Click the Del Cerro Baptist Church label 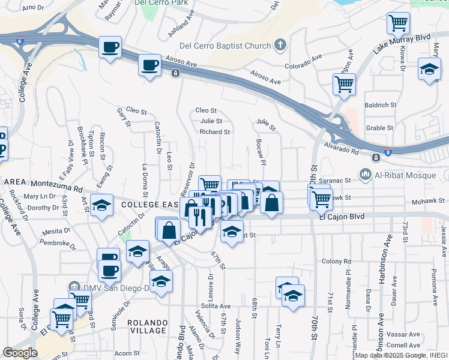click(225, 46)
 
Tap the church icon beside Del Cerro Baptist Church click(280, 45)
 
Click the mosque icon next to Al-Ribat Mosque click(365, 174)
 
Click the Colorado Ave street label click(304, 62)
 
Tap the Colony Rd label click(336, 261)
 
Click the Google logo click(20, 353)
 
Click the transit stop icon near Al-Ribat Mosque click(376, 158)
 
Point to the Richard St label click(215, 131)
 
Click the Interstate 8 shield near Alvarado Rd click(388, 153)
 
